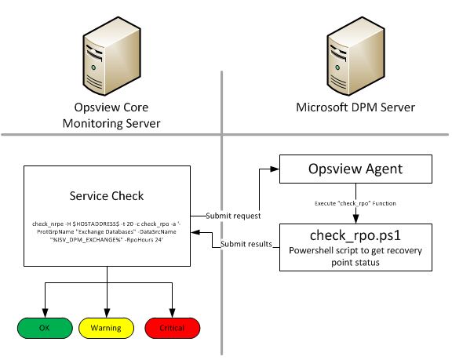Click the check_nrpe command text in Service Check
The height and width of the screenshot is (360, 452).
click(105, 228)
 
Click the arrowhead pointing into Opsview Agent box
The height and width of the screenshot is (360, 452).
click(275, 169)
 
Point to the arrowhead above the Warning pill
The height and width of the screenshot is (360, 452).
click(105, 311)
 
